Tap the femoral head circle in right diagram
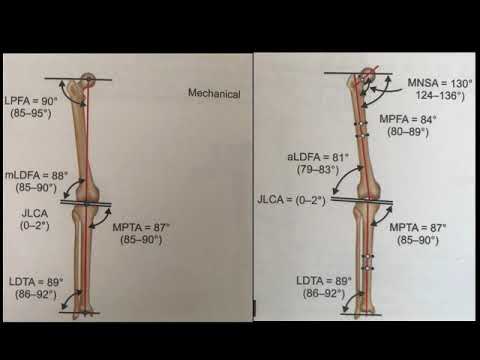point(371,73)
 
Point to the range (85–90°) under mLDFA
point(38,185)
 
